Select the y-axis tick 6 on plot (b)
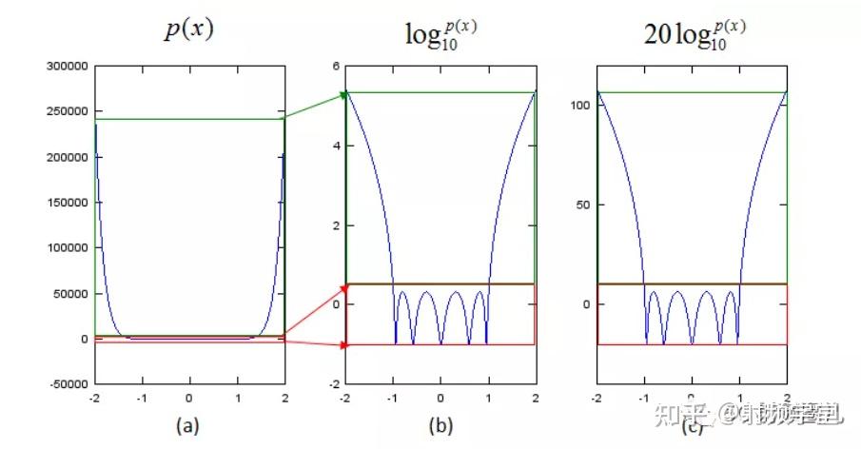[x=336, y=66]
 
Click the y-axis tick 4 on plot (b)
[x=336, y=146]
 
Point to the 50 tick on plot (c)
[x=583, y=205]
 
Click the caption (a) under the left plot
[x=189, y=426]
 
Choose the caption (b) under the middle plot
[x=440, y=426]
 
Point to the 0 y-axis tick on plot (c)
[x=586, y=304]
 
